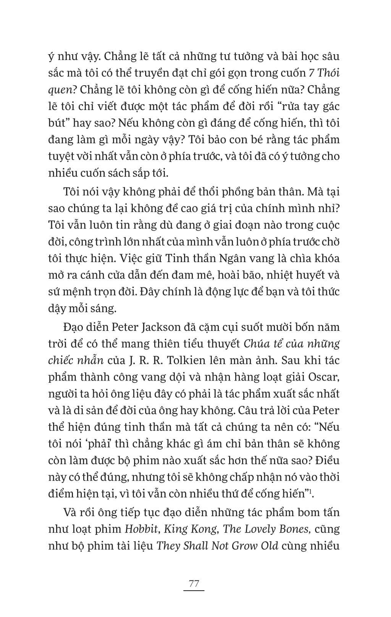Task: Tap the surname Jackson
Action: pyautogui.click(x=158, y=327)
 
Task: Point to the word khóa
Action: pyautogui.click(x=327, y=258)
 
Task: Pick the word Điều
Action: pyautogui.click(x=328, y=460)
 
